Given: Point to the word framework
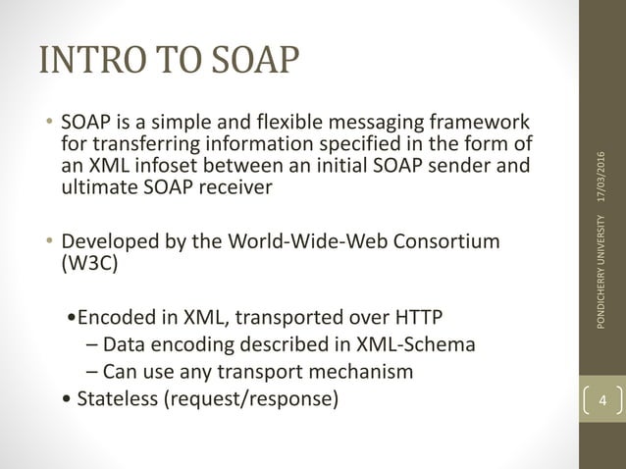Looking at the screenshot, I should tap(478, 125).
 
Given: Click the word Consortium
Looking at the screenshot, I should tap(445, 241).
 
